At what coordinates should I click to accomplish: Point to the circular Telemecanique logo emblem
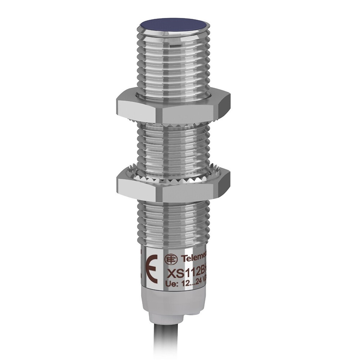tap(171, 259)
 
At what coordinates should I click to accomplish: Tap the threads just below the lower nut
tap(173, 220)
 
